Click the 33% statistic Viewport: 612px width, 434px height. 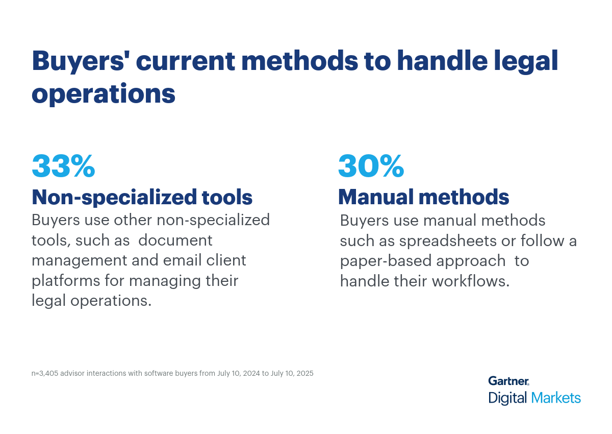click(63, 166)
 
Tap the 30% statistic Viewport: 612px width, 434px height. click(371, 166)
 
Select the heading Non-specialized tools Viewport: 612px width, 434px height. click(142, 198)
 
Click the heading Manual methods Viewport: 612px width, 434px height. click(424, 197)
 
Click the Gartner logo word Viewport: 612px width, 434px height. click(508, 381)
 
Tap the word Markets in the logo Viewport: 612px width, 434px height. click(556, 398)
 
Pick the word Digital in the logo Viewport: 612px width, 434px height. click(507, 398)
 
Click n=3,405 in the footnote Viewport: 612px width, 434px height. click(45, 374)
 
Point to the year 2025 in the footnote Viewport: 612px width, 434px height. click(304, 374)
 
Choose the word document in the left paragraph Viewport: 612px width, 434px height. click(175, 240)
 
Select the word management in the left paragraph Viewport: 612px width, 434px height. click(80, 261)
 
